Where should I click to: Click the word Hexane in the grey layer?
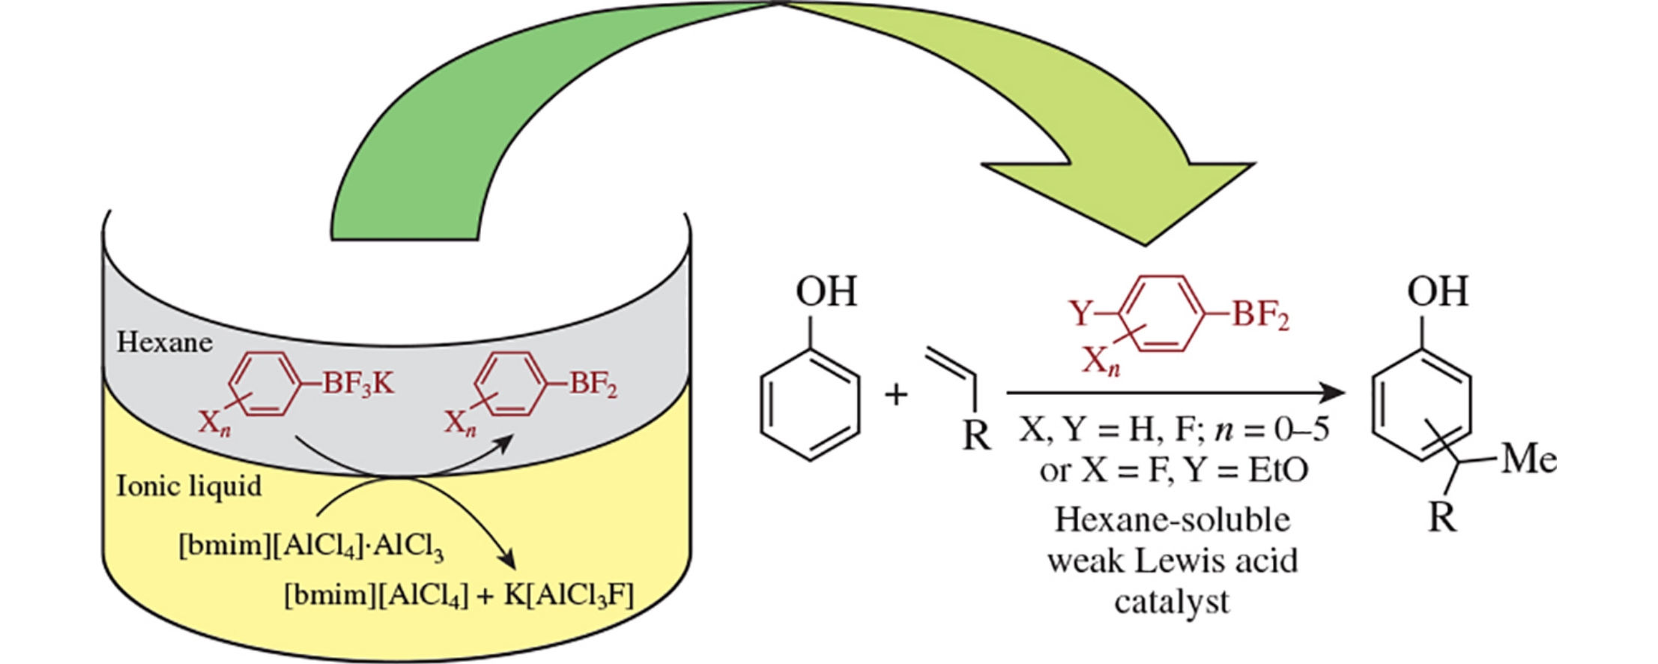tap(164, 342)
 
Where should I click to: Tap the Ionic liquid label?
tap(189, 486)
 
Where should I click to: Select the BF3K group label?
tap(357, 384)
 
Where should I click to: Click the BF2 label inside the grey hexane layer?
tap(593, 384)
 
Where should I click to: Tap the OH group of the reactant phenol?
tap(826, 292)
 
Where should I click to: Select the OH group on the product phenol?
tap(1437, 292)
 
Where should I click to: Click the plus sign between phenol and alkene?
tap(896, 394)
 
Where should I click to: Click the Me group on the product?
tap(1529, 459)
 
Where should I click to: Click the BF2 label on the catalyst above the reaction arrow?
tap(1260, 315)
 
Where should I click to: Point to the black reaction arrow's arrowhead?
tap(1333, 392)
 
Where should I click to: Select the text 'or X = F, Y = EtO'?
tap(1173, 471)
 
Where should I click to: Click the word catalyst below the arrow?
tap(1172, 601)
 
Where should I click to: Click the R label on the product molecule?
tap(1442, 517)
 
